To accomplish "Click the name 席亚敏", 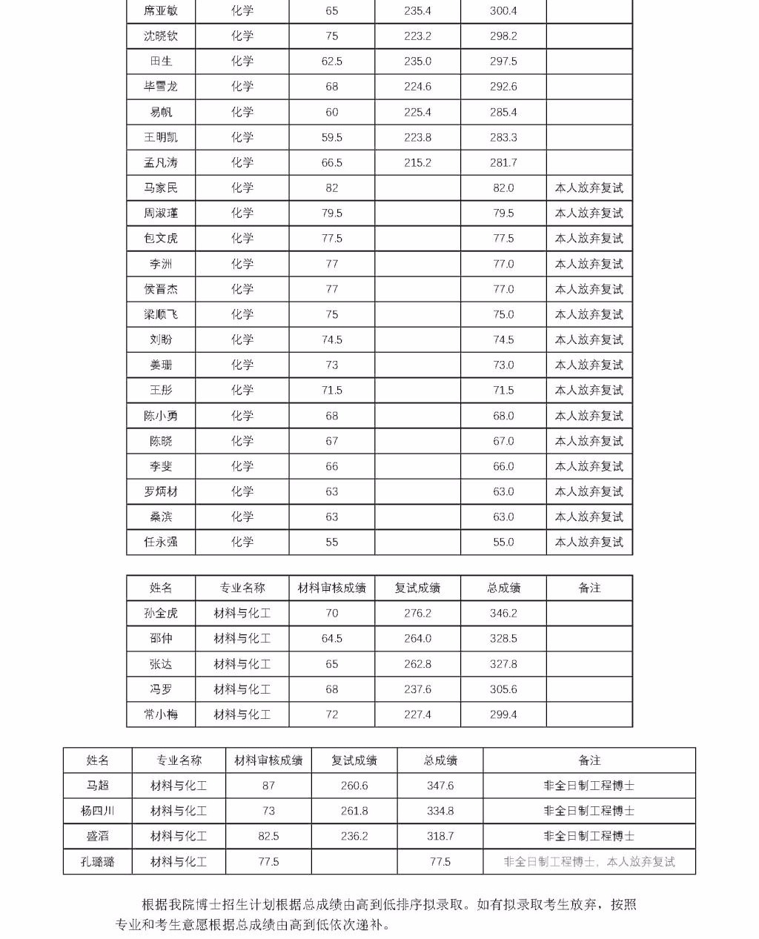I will (x=161, y=11).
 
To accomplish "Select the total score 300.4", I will (x=503, y=11).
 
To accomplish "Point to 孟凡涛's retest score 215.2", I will (x=417, y=163).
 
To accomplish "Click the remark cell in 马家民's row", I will (x=589, y=188).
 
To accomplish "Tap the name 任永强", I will (x=161, y=543).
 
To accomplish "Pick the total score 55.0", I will (x=503, y=543).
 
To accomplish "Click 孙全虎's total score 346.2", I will (x=503, y=614).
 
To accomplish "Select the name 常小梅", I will (x=161, y=715).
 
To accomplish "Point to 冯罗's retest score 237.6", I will (x=417, y=690).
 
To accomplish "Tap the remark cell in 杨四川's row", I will (x=589, y=812).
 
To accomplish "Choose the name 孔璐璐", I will (x=98, y=862).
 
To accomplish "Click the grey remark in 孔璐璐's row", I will (x=589, y=862).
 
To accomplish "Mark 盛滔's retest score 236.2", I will (x=354, y=837).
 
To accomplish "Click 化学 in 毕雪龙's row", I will (x=242, y=87).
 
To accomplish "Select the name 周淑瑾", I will (x=161, y=213).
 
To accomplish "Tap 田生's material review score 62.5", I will (x=331, y=62).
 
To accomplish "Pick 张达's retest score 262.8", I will (x=417, y=665).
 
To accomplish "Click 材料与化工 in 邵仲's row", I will (x=242, y=639).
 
